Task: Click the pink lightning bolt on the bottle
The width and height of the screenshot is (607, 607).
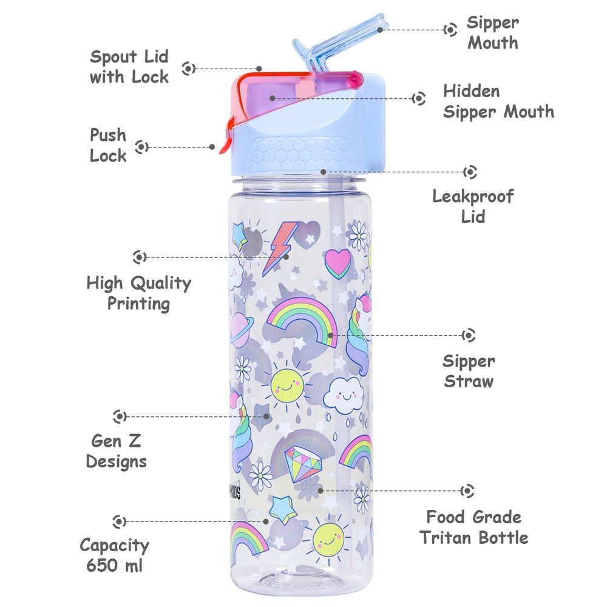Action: click(x=280, y=248)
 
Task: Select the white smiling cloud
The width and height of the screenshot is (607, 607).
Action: click(x=344, y=395)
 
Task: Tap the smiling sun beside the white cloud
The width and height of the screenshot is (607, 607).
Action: click(x=287, y=385)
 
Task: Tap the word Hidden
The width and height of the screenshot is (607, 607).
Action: click(x=472, y=92)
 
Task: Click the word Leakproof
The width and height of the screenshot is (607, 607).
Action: click(x=473, y=197)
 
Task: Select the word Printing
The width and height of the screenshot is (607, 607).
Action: click(x=138, y=304)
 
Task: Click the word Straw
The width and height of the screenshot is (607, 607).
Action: click(x=469, y=382)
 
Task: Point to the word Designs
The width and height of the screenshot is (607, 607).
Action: click(x=117, y=462)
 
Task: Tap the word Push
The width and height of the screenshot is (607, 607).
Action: click(x=108, y=135)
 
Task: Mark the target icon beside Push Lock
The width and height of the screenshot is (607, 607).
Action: click(x=141, y=147)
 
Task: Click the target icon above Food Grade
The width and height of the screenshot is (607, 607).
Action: click(x=467, y=491)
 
